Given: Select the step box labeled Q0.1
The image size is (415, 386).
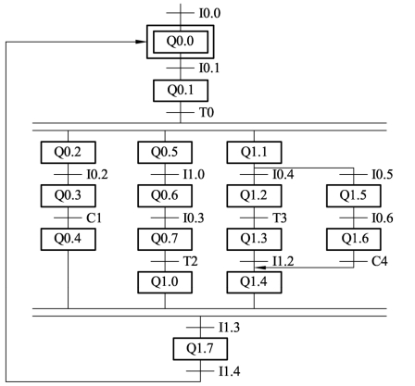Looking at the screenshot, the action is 181,91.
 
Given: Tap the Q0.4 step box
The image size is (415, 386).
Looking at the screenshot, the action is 69,239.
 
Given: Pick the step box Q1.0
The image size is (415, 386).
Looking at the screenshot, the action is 165,282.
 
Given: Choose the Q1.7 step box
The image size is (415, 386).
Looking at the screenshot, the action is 200,349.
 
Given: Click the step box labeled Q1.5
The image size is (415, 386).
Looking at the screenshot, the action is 354,196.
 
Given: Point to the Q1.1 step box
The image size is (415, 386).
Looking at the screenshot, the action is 254,153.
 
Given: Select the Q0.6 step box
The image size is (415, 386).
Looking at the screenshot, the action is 165,196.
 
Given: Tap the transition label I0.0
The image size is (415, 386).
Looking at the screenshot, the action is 209,13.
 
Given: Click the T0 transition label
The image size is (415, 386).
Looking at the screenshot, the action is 207,112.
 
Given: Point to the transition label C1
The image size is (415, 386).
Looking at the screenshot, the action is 94,218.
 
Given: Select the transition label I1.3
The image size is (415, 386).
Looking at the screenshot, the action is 229,328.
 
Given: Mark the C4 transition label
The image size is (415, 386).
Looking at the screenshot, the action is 379,261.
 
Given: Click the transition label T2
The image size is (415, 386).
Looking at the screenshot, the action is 190,261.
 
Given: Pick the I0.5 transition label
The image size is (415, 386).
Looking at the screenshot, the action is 383,175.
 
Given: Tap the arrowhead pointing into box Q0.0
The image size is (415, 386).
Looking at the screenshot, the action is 141,42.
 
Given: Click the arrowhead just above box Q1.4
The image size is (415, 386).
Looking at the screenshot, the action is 260,268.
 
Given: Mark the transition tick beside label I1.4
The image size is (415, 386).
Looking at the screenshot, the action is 200,371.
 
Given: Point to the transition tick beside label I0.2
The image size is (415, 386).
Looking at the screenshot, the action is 68,175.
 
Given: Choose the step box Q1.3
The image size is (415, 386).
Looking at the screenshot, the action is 254,239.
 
